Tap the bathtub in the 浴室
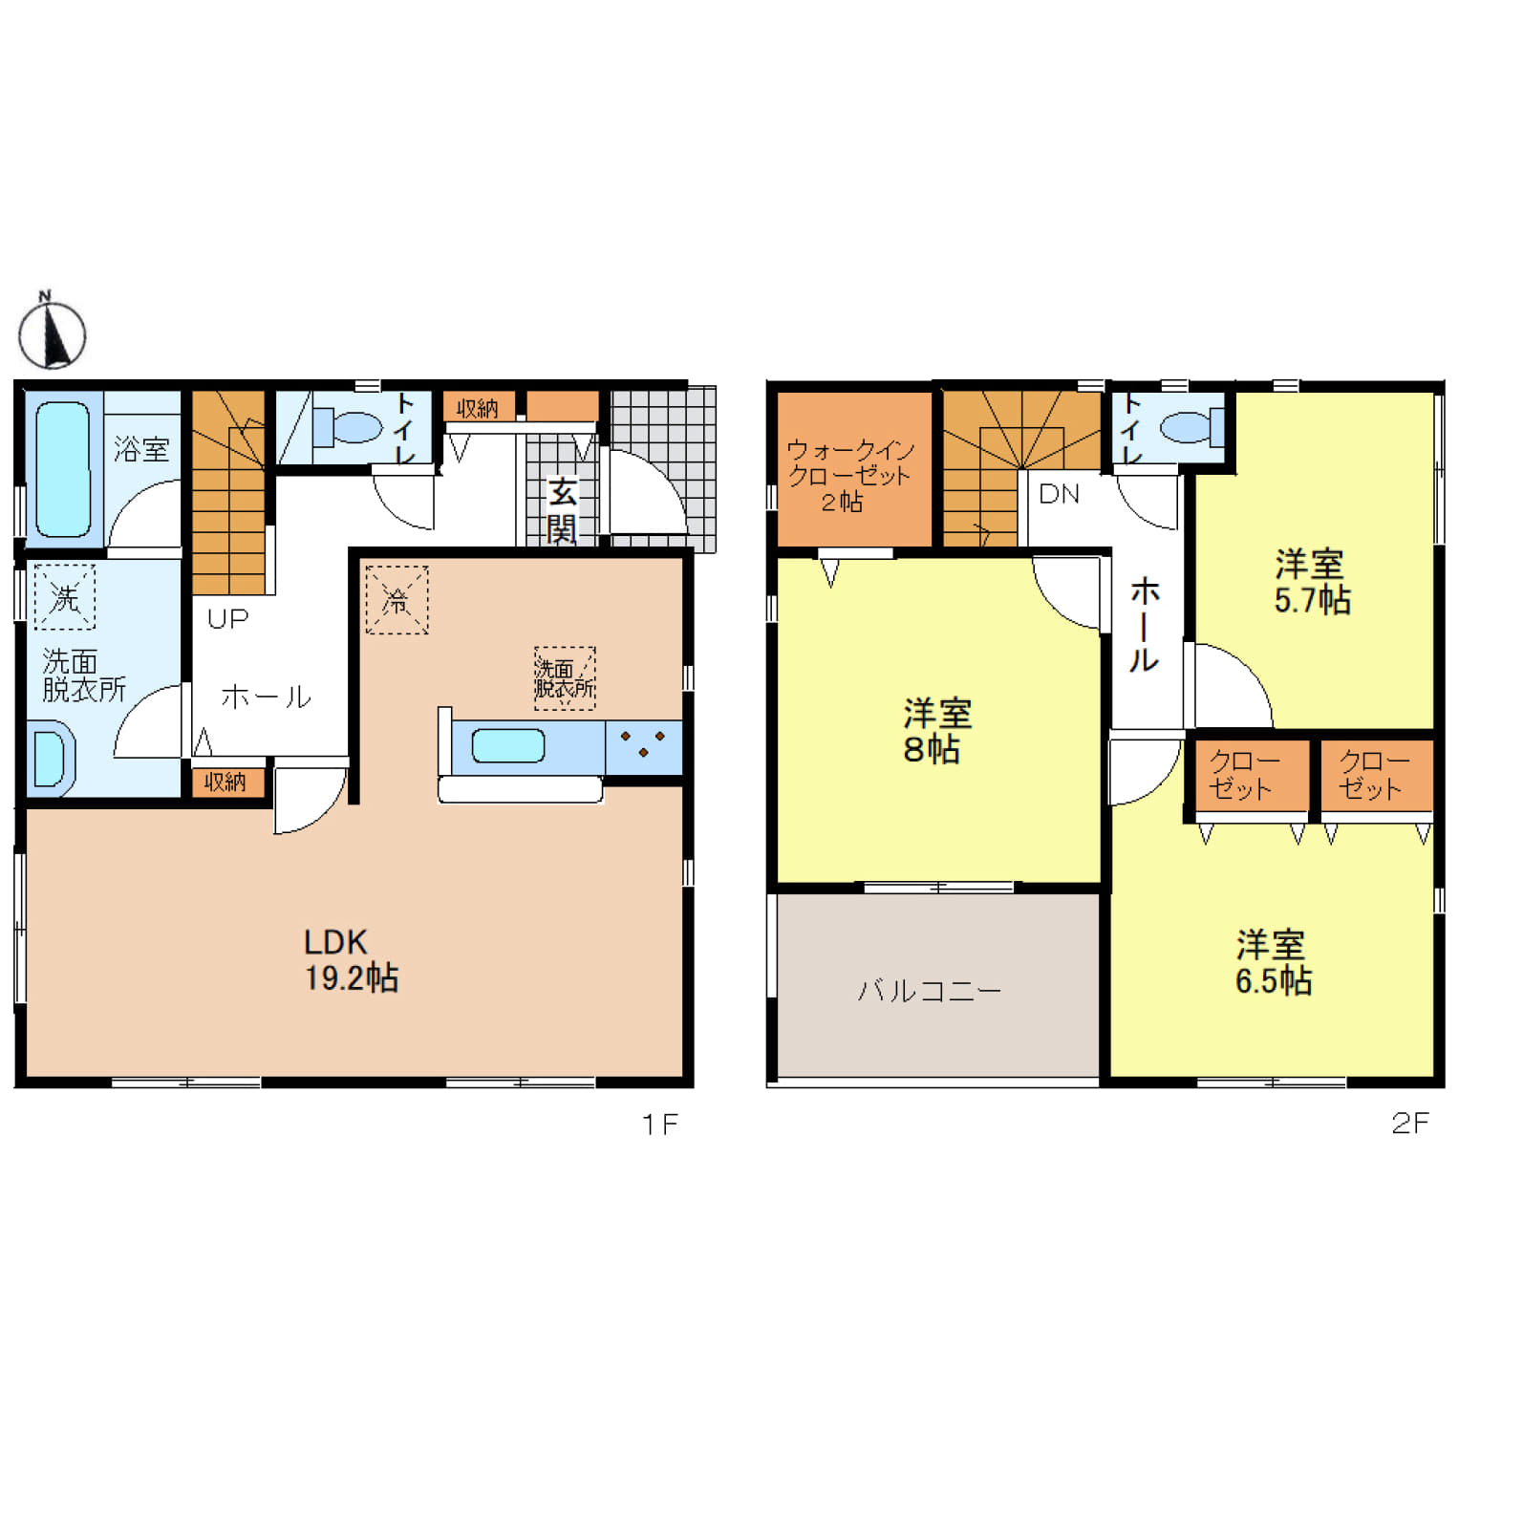click(x=63, y=469)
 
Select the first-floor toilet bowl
click(x=350, y=426)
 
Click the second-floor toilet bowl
click(x=1195, y=426)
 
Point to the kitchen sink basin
click(x=508, y=745)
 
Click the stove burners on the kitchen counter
click(x=643, y=744)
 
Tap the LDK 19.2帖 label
click(x=351, y=960)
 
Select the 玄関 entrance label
click(x=562, y=511)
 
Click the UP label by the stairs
click(x=227, y=619)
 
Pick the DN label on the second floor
click(x=1059, y=494)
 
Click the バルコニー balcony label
click(x=929, y=991)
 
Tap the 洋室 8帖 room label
click(x=936, y=731)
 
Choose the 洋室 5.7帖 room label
click(x=1312, y=581)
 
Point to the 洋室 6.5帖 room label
click(x=1273, y=962)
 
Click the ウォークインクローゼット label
click(x=848, y=475)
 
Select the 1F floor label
click(x=659, y=1125)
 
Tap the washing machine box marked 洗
click(x=65, y=597)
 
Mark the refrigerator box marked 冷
click(x=397, y=600)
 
